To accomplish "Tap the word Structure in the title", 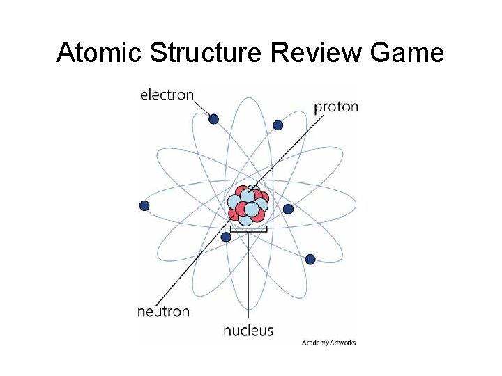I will (x=207, y=53).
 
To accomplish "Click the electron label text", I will (x=167, y=95).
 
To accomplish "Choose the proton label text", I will (x=336, y=107).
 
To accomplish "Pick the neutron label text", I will (x=163, y=311).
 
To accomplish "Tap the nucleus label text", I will (x=248, y=330).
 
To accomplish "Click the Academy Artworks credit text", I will (x=328, y=343).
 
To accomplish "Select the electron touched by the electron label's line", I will (x=214, y=119).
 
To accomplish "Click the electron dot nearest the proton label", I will (x=277, y=125).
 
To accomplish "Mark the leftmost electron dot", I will (x=144, y=205).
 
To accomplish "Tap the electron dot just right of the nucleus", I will (x=288, y=209).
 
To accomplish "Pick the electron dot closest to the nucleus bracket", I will (x=226, y=237).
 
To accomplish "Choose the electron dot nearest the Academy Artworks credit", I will (x=310, y=259).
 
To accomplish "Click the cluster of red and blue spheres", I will (x=248, y=205).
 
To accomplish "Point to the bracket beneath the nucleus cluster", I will (x=248, y=228).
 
